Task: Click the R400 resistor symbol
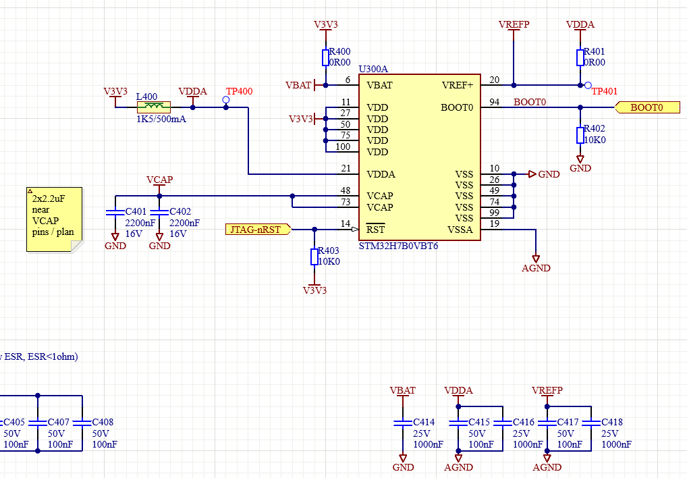coord(326,57)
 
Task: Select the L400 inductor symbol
coord(154,107)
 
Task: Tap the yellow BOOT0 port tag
coord(647,107)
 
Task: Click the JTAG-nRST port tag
coord(256,230)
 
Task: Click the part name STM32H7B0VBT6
coord(398,246)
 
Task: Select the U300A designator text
coord(373,69)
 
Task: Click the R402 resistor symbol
coord(580,135)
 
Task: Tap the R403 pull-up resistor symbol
coord(314,257)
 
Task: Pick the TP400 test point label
coord(239,92)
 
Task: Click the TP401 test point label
coord(605,92)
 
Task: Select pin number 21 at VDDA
coord(346,168)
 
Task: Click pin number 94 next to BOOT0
coord(495,101)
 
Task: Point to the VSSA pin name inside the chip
coord(461,229)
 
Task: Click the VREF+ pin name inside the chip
coord(458,86)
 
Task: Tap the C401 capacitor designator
coord(136,212)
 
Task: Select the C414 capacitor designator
coord(424,422)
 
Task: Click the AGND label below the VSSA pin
coord(537,268)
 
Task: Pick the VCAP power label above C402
coord(160,180)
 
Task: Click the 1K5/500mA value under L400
coord(161,119)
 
